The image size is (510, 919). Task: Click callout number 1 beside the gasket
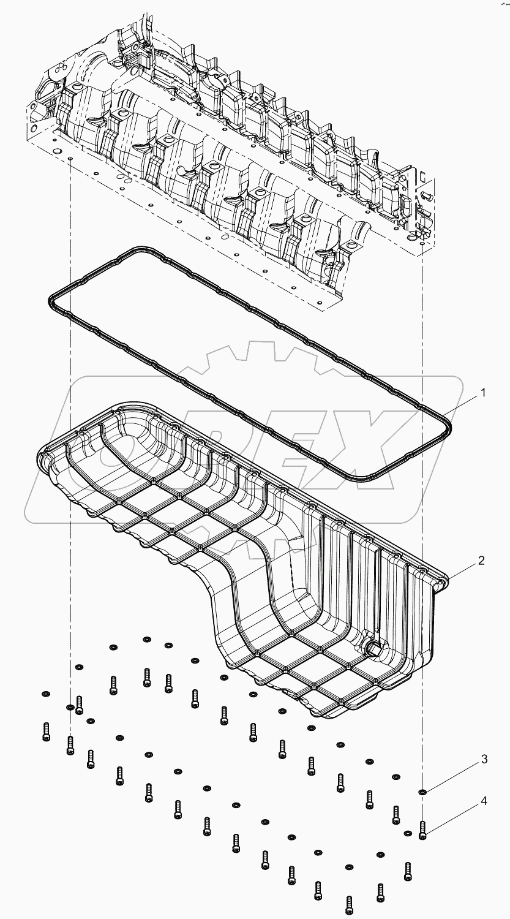tap(482, 393)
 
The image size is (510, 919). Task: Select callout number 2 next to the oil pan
tap(482, 560)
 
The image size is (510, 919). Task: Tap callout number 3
tap(484, 759)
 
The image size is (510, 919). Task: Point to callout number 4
tap(484, 800)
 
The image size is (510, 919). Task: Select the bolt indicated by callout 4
tap(422, 830)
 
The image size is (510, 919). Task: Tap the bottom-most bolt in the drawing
tap(349, 903)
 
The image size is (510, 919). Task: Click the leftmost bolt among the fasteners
tap(46, 728)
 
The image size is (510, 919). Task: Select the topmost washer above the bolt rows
tap(147, 640)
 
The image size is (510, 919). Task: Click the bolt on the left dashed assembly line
tap(70, 744)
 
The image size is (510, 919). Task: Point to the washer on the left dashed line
tap(70, 708)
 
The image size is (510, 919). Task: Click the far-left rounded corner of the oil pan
tap(42, 456)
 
